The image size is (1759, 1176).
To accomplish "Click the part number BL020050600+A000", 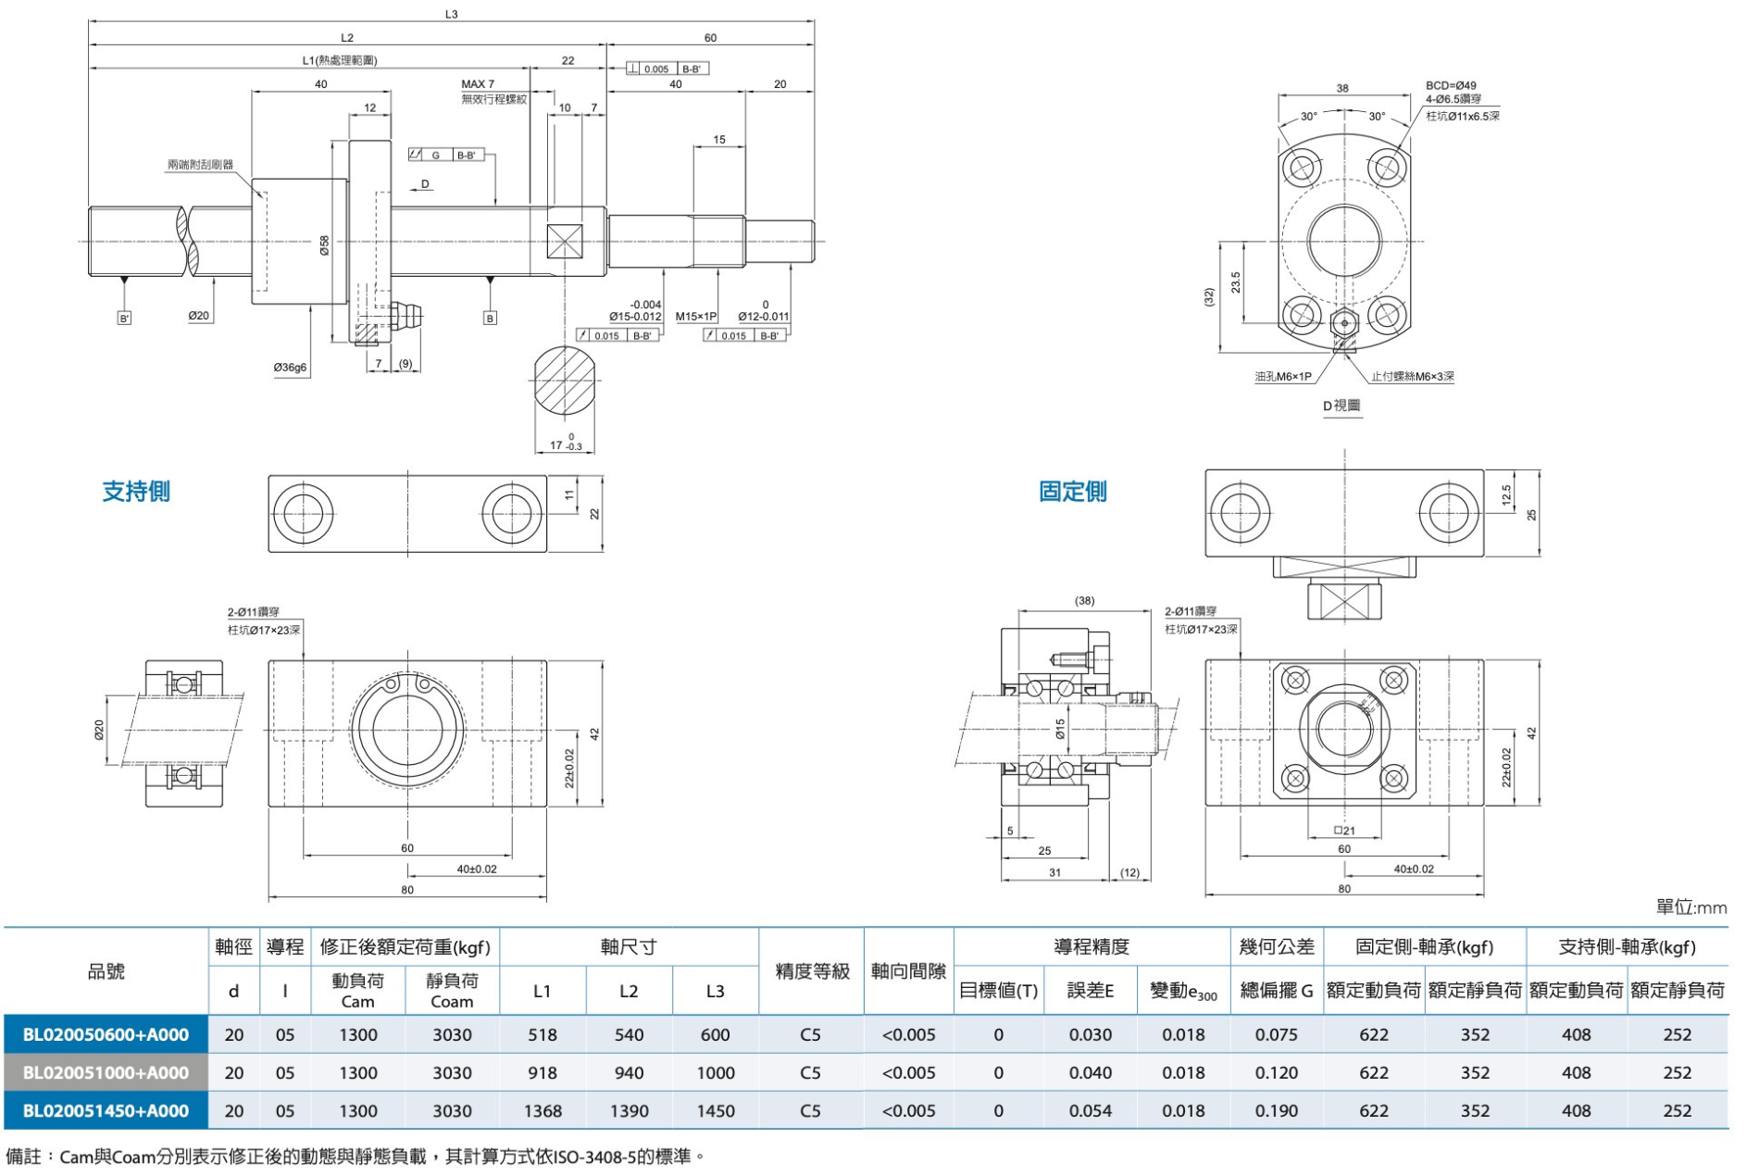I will (x=106, y=1034).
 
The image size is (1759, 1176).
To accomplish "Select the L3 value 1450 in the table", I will (x=716, y=1110).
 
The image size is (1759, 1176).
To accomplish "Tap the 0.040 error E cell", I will (x=1091, y=1072).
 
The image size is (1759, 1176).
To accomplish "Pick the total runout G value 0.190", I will (x=1276, y=1110).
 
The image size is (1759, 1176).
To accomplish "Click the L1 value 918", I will (x=542, y=1072).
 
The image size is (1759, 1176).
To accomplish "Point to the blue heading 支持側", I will (x=136, y=492).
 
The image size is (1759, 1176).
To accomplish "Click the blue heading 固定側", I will (x=1072, y=492).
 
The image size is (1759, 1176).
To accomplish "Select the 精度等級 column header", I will (x=811, y=971).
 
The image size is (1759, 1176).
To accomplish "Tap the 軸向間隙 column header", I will (x=908, y=971).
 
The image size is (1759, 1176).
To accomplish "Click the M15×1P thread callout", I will (x=696, y=317).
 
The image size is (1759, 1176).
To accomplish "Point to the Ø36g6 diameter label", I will (x=290, y=368).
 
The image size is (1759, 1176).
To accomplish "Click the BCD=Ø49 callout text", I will (x=1451, y=86).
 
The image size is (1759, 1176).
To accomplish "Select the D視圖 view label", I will (x=1341, y=406).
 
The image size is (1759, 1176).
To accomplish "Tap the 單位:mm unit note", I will (x=1690, y=907).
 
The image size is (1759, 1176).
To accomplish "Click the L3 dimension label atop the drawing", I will (x=451, y=14).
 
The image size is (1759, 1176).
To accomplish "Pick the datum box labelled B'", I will (x=124, y=319).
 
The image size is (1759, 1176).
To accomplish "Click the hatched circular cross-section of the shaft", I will (x=565, y=381).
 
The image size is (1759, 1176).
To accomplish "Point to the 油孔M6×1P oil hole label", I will (x=1282, y=377).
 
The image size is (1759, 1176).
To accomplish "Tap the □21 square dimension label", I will (x=1344, y=831).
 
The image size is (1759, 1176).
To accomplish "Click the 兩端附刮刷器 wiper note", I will (x=200, y=165).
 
